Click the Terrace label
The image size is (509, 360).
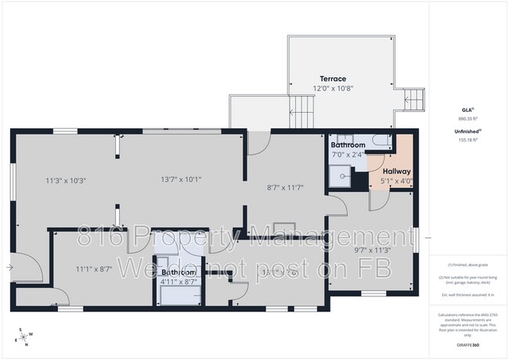coord(333,79)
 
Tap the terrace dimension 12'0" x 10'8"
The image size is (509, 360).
coord(333,88)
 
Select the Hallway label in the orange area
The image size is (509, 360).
coord(396,171)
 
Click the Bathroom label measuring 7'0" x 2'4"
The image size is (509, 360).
coord(348,146)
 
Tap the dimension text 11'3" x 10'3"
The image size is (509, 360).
coord(66,180)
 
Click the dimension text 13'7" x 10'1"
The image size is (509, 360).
coord(181,179)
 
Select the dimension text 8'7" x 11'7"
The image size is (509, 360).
coord(284,188)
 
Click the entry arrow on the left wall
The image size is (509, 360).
coord(9,268)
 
